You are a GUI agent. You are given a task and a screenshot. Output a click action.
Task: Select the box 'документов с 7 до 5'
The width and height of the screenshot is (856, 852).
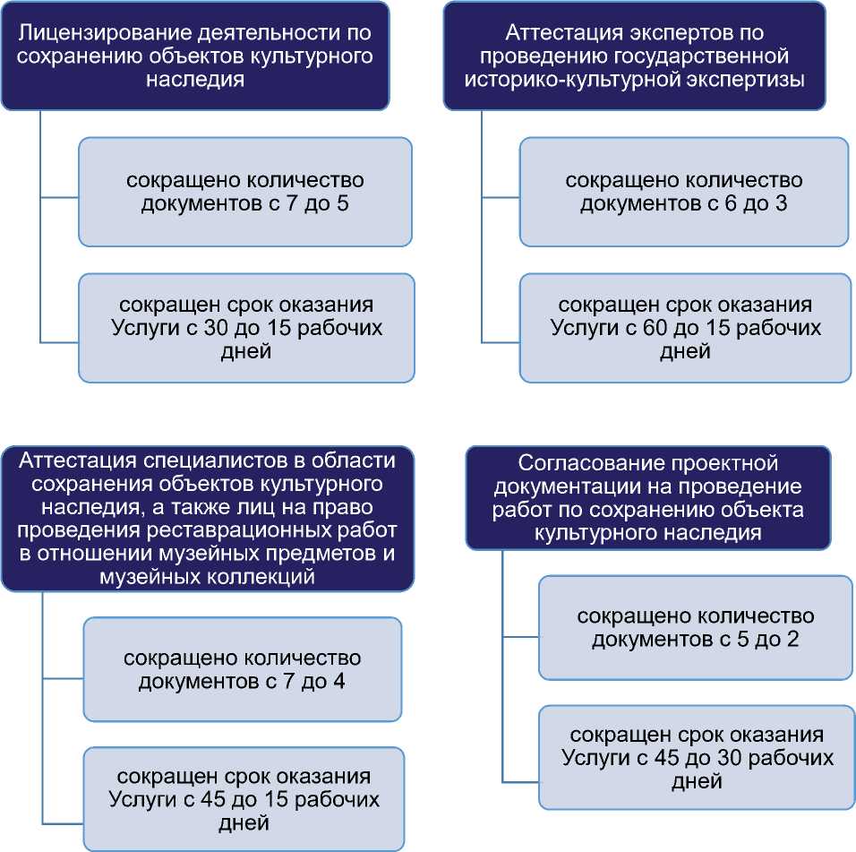244,192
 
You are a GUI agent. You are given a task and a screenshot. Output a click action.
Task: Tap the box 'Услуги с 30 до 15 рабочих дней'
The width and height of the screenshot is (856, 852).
246,328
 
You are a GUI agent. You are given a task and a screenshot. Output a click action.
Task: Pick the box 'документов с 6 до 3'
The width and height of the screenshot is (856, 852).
683,192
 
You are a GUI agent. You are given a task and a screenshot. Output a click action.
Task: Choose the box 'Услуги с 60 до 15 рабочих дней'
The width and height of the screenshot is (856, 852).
685,328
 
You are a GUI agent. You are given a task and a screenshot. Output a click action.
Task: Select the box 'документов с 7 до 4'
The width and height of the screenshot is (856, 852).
243,669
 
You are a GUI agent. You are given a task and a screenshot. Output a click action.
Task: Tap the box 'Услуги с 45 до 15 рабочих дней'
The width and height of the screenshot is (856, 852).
243,797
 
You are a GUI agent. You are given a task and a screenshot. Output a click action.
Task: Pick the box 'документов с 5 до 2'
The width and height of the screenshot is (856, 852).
695,628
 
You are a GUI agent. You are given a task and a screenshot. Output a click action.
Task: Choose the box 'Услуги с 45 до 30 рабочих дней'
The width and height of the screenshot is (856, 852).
697,758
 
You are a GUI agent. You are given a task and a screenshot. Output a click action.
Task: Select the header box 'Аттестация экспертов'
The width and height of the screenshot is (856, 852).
646,56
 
